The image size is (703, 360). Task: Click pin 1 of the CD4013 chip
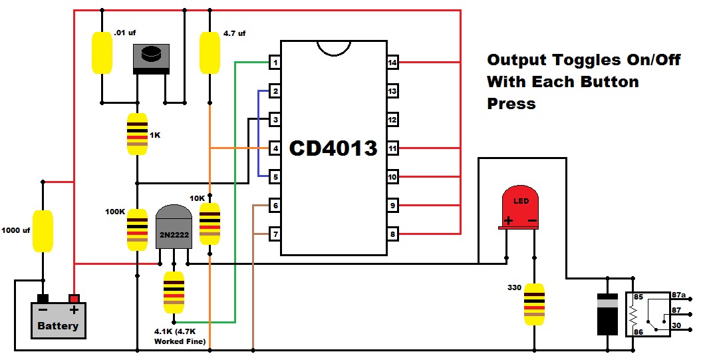point(275,63)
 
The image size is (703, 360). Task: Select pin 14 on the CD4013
point(392,63)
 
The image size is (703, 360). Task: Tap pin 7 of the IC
point(275,234)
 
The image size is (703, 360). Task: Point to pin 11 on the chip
point(392,148)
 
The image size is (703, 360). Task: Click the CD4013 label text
point(334,148)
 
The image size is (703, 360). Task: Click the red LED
point(520,207)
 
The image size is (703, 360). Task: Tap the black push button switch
point(151,59)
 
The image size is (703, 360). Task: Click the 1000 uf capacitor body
point(43,231)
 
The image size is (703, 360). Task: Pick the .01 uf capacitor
point(102,53)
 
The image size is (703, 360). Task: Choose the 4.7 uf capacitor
point(210,53)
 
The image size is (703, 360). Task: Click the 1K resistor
point(137,134)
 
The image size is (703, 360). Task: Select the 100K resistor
point(137,230)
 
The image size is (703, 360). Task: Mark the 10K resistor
point(210,224)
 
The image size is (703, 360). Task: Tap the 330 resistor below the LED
point(534,304)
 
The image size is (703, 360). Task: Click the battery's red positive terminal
point(74,298)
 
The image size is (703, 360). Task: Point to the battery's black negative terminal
point(43,298)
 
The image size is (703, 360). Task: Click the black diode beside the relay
point(607,314)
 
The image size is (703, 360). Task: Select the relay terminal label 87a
point(678,295)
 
